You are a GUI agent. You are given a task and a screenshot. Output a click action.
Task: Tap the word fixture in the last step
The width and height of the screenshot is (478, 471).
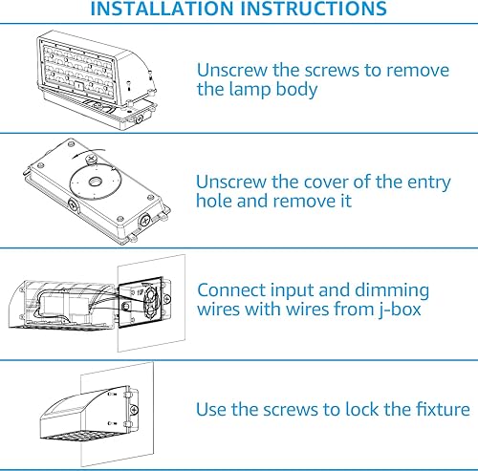tap(438, 409)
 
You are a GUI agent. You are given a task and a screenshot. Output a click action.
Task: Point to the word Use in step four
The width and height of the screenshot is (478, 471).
tap(213, 409)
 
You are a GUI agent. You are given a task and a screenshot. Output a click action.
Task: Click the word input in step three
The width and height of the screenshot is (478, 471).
tap(299, 289)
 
